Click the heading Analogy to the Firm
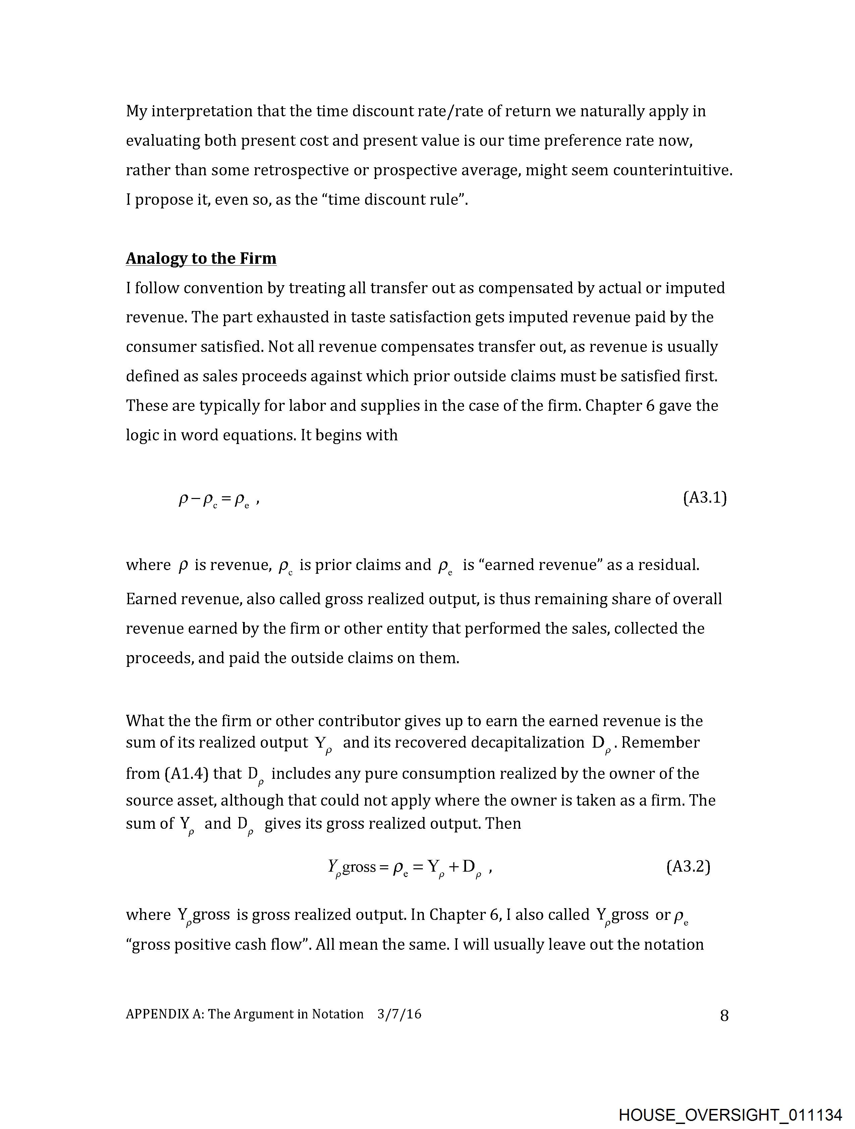[x=201, y=258]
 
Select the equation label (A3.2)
[x=688, y=866]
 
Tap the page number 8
[x=724, y=1016]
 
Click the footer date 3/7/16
[x=399, y=1014]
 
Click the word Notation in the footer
[x=338, y=1014]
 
